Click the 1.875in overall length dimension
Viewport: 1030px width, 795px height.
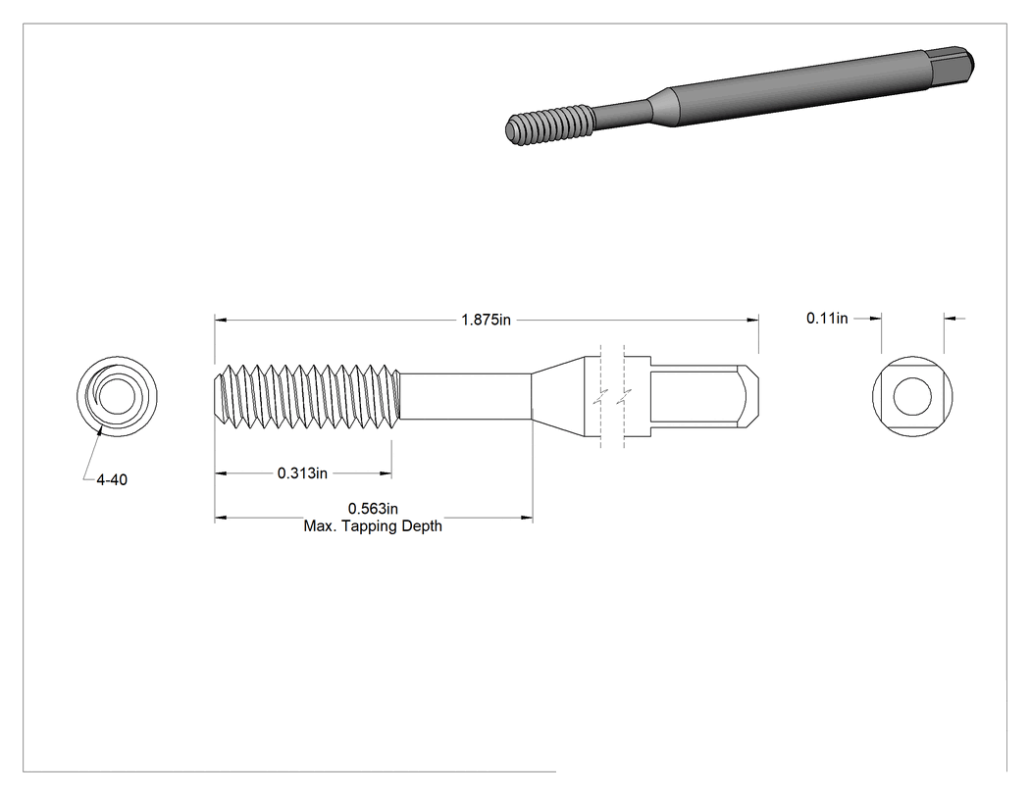point(486,320)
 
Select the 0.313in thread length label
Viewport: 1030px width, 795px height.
point(302,472)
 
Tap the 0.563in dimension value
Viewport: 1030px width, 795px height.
point(373,508)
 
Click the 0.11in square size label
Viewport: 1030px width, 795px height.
point(827,318)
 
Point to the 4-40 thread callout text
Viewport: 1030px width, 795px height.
point(112,480)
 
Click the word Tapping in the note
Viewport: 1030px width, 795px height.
point(370,526)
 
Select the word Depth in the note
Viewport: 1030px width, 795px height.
point(422,526)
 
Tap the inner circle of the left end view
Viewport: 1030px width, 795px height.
point(118,396)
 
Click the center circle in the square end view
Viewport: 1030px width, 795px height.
point(912,396)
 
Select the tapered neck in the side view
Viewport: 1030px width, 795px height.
point(558,397)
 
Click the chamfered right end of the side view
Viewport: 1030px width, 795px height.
point(750,397)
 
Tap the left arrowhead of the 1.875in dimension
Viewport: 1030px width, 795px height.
point(221,320)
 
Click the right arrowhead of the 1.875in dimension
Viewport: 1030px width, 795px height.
point(752,320)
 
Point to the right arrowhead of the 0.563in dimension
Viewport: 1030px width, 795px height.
point(526,518)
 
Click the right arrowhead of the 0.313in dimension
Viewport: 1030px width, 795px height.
point(386,472)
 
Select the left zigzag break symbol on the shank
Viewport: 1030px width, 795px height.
point(600,397)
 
